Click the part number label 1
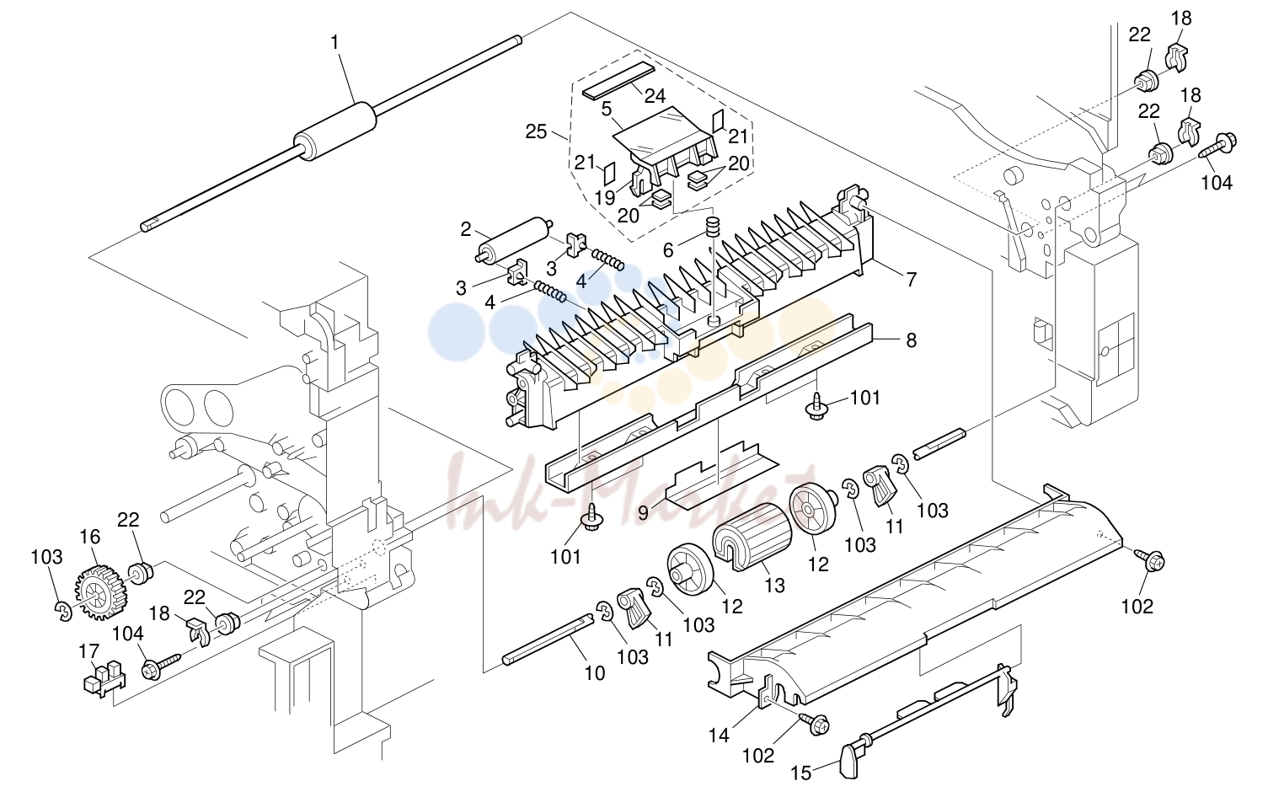(334, 42)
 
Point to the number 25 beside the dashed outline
(536, 131)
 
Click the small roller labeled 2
(514, 241)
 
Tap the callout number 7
(912, 279)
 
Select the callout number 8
(912, 340)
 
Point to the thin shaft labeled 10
(548, 639)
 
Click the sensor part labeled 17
(102, 677)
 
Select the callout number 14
(719, 735)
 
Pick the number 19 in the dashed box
(605, 197)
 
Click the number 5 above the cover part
(607, 109)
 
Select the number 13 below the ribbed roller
(774, 585)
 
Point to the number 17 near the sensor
(88, 651)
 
